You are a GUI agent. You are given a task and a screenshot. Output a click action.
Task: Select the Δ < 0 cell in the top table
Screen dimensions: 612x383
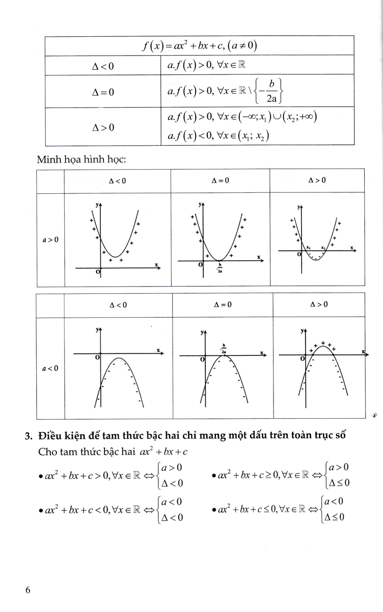point(102,66)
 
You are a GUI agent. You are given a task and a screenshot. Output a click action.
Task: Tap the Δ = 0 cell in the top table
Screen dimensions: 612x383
point(102,92)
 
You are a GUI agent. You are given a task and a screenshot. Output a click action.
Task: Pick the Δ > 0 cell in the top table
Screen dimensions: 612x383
point(102,126)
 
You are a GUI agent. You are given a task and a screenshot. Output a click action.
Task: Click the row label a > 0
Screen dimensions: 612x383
point(50,239)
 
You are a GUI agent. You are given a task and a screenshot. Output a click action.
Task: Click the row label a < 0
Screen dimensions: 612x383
point(50,367)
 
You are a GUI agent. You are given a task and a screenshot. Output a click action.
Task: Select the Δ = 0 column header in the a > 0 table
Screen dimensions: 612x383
point(221,181)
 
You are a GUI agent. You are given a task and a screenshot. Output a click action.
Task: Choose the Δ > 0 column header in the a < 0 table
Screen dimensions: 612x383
point(319,304)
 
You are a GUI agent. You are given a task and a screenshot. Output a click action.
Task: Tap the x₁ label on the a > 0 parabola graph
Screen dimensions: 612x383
point(309,247)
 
